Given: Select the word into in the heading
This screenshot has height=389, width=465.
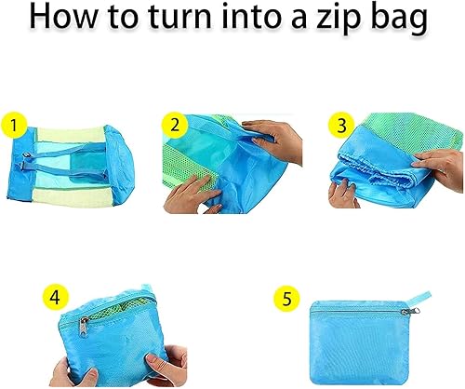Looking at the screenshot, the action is [253, 16].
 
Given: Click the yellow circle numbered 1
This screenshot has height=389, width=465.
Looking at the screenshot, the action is [14, 126].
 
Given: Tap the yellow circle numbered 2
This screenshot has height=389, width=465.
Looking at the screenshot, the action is [175, 126].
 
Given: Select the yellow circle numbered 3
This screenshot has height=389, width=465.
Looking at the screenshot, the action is [342, 126].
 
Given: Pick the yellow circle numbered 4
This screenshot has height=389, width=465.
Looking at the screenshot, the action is [56, 298].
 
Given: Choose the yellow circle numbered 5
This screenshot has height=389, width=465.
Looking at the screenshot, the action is [286, 299].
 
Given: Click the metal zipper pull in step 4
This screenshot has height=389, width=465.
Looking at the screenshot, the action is [84, 329].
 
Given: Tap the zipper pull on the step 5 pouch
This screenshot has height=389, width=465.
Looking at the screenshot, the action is [412, 312].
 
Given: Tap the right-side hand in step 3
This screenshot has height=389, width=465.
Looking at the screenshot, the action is [440, 166].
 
